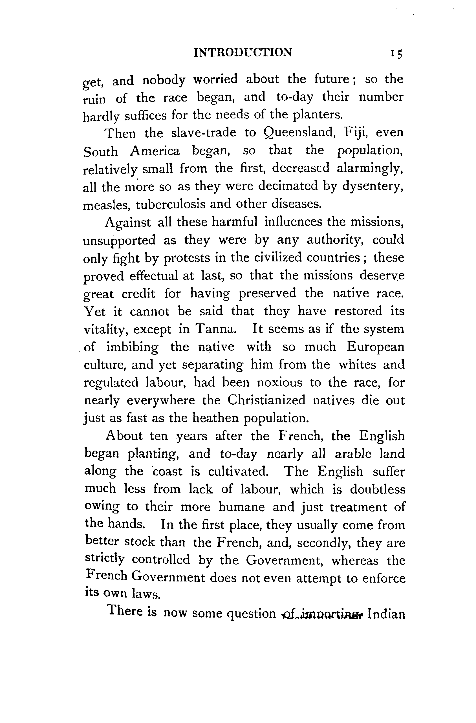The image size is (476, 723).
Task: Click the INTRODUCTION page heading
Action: (x=243, y=52)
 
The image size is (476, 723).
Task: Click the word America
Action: (x=155, y=151)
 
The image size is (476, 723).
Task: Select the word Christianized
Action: (x=266, y=400)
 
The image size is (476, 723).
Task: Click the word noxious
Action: (x=279, y=382)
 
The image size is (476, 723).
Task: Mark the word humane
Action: (x=241, y=507)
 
